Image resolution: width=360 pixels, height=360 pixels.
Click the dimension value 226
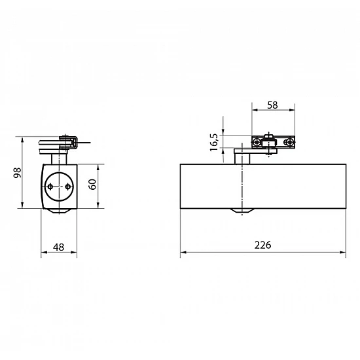click(x=262, y=245)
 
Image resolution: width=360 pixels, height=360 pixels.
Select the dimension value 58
click(x=272, y=105)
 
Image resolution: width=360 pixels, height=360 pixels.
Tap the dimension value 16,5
click(x=214, y=142)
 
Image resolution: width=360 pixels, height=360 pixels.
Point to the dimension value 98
click(x=17, y=173)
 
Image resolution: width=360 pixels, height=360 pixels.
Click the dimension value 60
click(x=92, y=185)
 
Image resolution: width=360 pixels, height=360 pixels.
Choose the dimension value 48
click(x=58, y=247)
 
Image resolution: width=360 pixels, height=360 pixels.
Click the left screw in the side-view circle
click(x=50, y=187)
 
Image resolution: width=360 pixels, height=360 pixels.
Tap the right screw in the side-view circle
click(x=67, y=187)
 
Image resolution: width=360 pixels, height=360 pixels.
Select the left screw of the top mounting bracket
click(x=257, y=142)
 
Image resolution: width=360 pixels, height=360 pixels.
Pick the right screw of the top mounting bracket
click(x=289, y=142)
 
